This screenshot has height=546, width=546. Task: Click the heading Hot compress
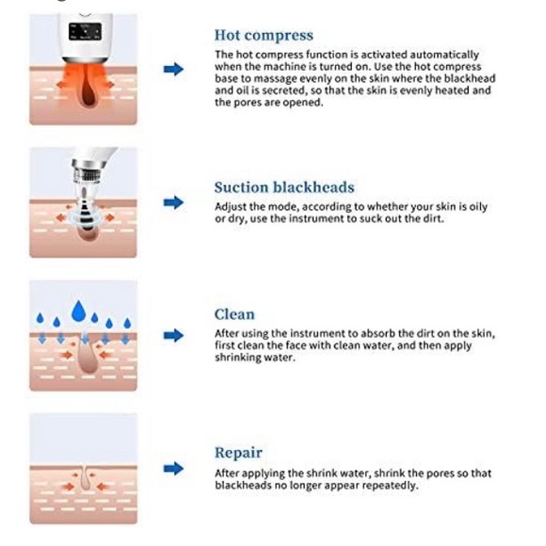pos(264,36)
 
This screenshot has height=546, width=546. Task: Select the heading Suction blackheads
pos(284,187)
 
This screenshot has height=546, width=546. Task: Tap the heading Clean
pos(234,314)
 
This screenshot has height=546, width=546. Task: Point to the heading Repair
pos(238,453)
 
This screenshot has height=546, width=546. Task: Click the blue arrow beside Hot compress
pos(173,69)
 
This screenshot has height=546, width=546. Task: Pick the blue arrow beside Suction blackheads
pos(173,202)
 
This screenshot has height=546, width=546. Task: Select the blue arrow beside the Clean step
pos(173,335)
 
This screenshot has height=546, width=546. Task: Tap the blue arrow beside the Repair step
pos(173,469)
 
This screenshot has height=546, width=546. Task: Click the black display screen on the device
pos(85,32)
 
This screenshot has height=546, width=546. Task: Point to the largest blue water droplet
pos(79,311)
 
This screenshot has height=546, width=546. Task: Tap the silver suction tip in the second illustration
pos(83,201)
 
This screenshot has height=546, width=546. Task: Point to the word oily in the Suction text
pos(478,207)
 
